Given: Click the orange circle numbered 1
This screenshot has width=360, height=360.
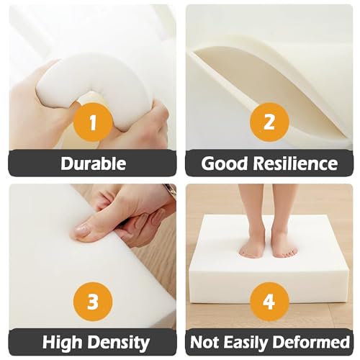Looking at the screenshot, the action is point(93,122).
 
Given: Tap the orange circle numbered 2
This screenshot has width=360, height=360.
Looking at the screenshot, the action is point(269,122).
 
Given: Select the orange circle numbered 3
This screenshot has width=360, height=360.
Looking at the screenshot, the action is point(93,302).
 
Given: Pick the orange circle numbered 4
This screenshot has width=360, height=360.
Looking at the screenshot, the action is point(269,302).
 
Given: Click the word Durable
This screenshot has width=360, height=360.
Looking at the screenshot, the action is point(94,163).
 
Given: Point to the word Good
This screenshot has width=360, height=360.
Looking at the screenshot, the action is point(224,163).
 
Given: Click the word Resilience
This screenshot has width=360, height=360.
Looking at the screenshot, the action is point(295,163).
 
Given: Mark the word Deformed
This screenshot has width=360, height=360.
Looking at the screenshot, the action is point(311,342).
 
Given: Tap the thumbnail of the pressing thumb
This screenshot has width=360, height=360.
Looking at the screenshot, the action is point(81,231).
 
